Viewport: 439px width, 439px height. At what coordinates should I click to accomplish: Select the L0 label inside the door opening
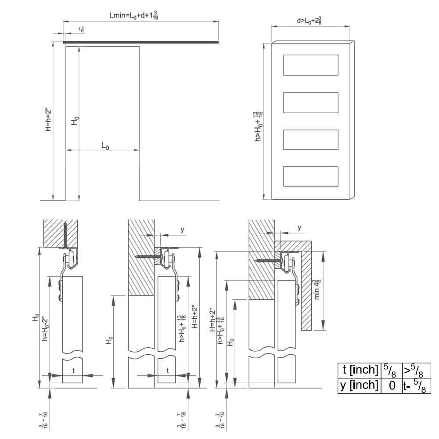pos(105,145)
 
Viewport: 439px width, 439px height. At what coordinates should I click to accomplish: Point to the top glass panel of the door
pos(311,65)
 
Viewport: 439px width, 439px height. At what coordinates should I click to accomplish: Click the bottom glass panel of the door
pos(311,176)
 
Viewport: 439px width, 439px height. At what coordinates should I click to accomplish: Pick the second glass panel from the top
pos(311,102)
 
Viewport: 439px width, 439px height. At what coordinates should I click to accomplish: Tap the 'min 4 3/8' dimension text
pos(317,289)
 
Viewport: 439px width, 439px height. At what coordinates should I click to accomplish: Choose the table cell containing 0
pos(392,385)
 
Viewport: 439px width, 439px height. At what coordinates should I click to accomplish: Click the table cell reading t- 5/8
pos(416,385)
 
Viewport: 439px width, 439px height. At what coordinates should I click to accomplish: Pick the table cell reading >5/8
pos(416,371)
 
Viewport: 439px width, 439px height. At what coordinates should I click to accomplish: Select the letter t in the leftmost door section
pos(73,370)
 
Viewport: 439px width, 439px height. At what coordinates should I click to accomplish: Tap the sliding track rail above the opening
pos(140,43)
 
